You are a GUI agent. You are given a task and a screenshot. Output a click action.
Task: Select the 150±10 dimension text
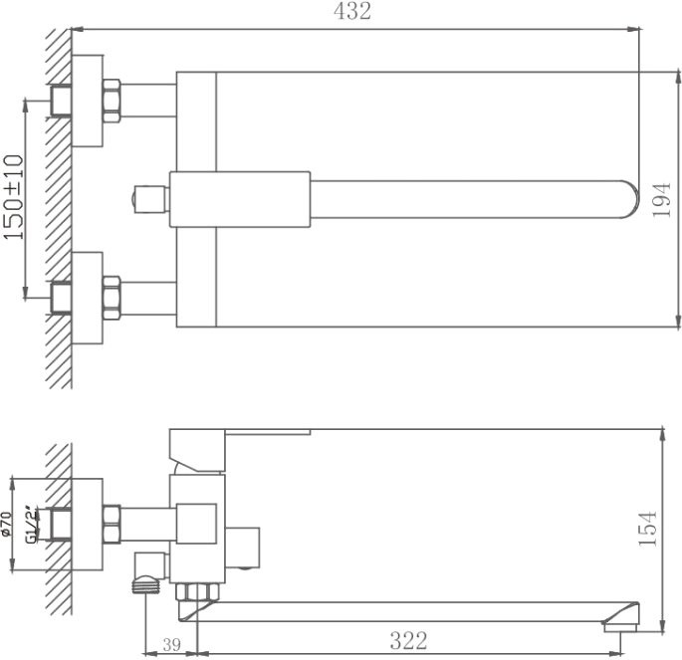pos(13,196)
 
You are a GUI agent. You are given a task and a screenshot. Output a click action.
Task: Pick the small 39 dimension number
pos(170,645)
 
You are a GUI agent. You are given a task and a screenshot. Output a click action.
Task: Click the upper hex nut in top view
pos(112,101)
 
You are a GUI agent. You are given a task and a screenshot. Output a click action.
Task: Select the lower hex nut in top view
pos(112,296)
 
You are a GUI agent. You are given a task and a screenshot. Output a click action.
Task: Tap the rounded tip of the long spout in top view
pos(629,198)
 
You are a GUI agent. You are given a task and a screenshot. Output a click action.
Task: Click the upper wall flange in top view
pos(89,101)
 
